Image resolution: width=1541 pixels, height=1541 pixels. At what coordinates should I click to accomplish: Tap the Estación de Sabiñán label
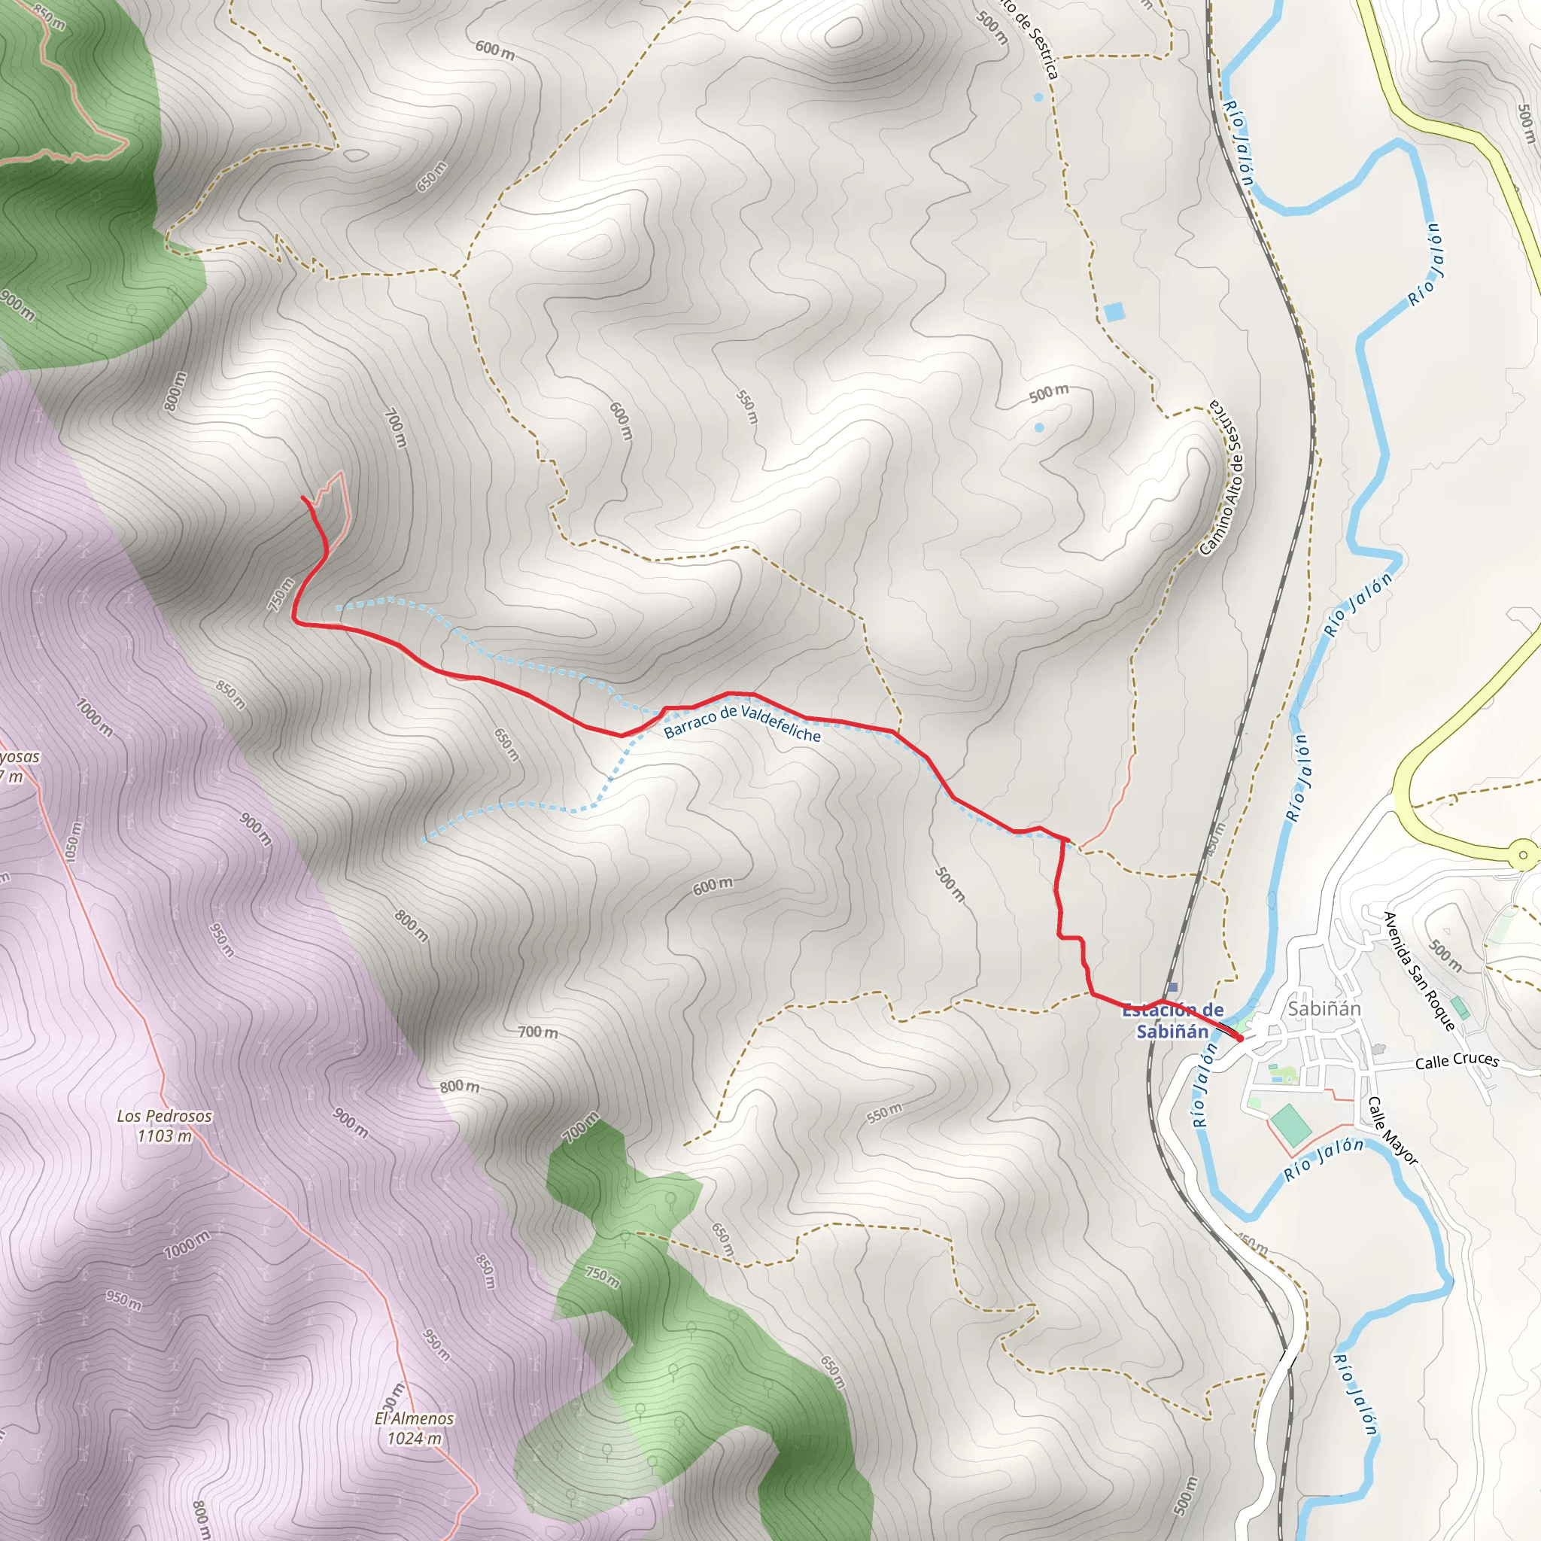tap(1172, 1021)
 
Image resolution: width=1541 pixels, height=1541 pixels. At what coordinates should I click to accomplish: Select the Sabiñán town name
tap(1324, 1009)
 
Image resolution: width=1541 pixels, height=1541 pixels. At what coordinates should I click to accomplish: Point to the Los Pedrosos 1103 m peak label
tap(164, 1126)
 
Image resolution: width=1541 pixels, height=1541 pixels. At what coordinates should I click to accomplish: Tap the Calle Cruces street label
tap(1457, 1061)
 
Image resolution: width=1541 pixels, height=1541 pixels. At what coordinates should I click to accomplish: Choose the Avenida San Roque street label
tap(1419, 971)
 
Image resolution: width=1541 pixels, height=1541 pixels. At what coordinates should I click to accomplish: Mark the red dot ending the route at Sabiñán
tap(1239, 1038)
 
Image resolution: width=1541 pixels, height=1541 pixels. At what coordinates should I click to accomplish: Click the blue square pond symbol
tap(1114, 310)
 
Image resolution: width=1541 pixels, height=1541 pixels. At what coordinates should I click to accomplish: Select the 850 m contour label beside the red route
tap(230, 694)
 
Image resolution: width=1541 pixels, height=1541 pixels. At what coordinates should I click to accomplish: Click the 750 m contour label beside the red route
tap(281, 594)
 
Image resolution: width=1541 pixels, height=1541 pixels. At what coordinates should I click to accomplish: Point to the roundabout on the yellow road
tap(1524, 855)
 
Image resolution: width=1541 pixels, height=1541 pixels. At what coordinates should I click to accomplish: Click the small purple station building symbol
tap(1172, 987)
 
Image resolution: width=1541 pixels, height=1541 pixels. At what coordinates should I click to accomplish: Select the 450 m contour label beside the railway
tap(1214, 839)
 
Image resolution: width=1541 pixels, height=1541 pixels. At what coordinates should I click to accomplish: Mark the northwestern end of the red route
tap(302, 497)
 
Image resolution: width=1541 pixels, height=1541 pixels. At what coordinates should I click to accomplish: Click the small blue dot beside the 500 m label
tap(1038, 427)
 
